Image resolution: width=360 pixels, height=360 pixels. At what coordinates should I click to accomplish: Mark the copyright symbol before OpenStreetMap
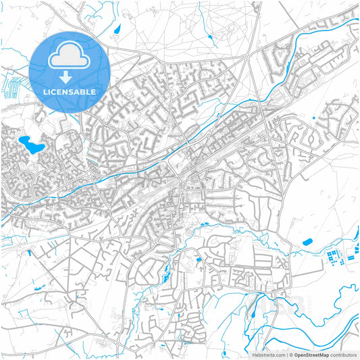click(x=289, y=355)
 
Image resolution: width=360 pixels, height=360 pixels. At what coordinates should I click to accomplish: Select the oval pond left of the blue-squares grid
click(x=307, y=242)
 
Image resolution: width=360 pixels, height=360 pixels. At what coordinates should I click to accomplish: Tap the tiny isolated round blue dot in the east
click(x=315, y=119)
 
